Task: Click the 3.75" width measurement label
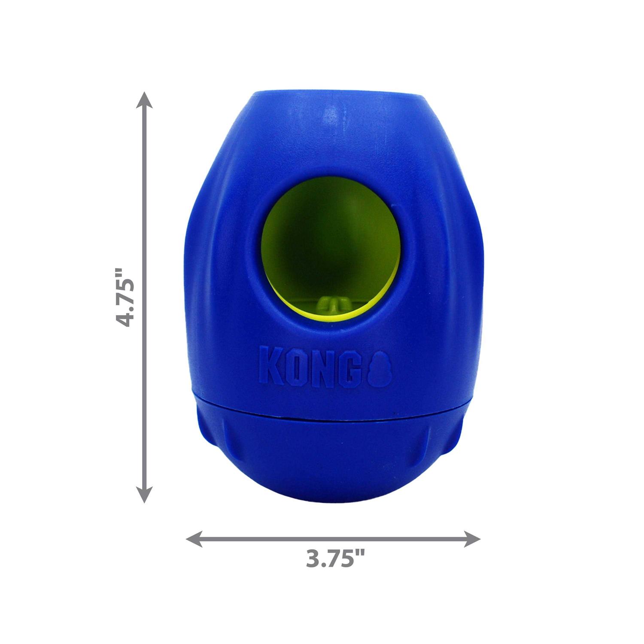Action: click(335, 559)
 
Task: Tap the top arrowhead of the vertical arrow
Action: click(144, 100)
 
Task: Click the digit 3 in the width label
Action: click(314, 559)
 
